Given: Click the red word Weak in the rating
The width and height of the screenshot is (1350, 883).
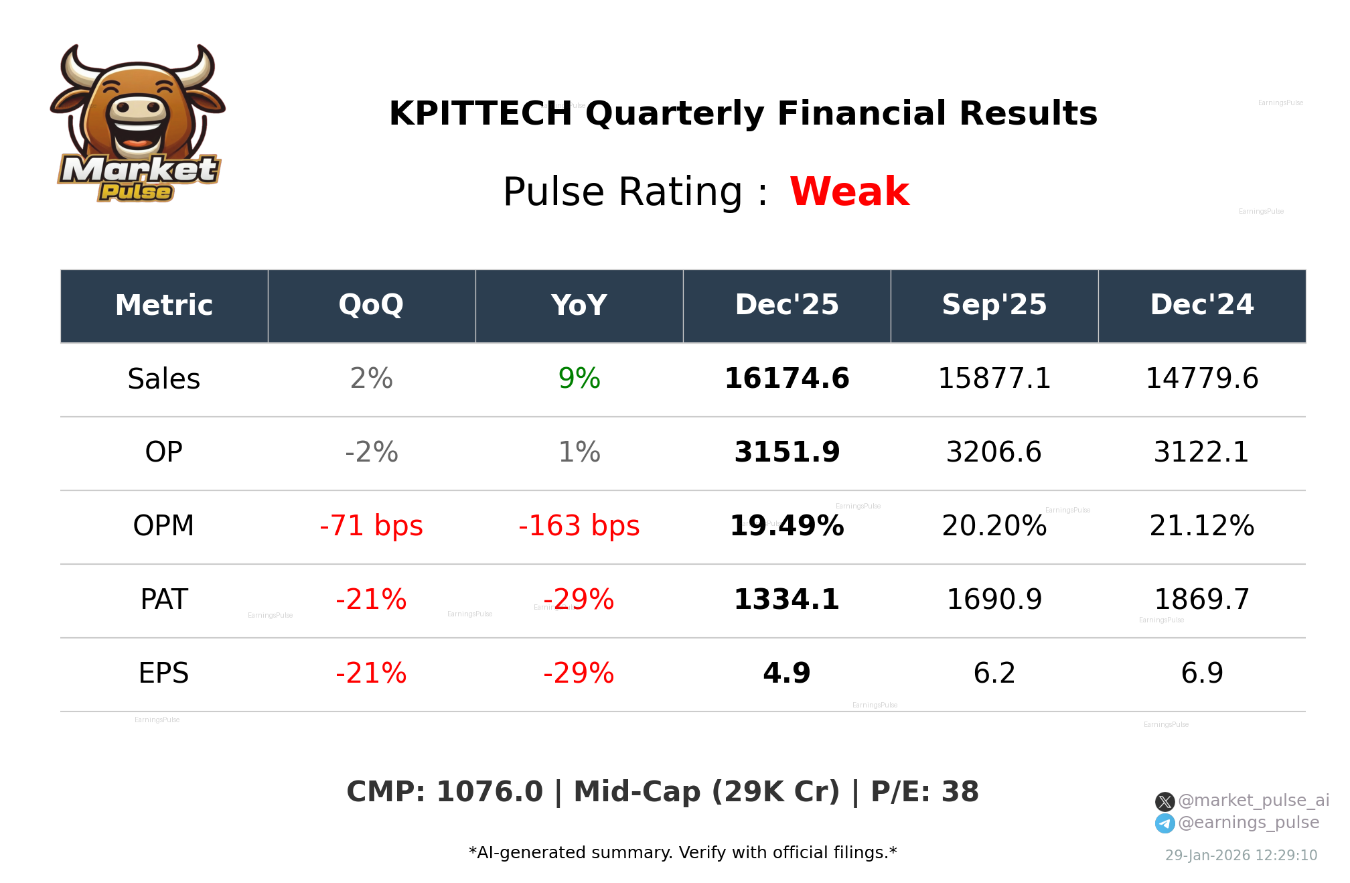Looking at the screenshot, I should pos(849,192).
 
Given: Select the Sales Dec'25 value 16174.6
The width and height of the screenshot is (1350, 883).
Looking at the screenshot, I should pos(787,379).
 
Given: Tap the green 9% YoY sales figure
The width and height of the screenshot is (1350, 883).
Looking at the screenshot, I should pos(579,379).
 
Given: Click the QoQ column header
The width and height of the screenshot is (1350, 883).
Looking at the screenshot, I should pos(371,305).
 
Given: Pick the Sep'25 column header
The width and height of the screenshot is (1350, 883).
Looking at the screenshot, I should pos(994,305).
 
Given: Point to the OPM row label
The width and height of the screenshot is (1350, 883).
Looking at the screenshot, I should pos(163,526).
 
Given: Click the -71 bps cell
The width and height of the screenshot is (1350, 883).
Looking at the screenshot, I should pos(371,526).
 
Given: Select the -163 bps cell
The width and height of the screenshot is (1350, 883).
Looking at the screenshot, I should pos(579,526).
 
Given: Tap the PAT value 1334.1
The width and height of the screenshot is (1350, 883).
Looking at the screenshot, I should pos(787,600).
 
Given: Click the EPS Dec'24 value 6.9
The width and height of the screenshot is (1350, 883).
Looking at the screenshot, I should pos(1202,673).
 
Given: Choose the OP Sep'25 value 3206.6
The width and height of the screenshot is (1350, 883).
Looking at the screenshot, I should pos(994,452).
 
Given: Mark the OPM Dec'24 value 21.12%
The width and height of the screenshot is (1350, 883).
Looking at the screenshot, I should pos(1202,526).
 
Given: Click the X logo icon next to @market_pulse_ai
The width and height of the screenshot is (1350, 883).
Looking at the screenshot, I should pos(1165,801).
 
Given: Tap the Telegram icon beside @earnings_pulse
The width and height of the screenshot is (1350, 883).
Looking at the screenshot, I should pos(1165,823).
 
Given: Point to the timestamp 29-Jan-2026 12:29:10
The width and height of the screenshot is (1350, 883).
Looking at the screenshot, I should pos(1241,856).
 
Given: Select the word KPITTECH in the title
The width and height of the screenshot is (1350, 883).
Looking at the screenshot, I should pos(480,113).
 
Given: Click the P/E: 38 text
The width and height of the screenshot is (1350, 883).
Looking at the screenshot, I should pos(924,792).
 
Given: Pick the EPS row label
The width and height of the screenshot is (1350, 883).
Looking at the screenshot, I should pos(163,673).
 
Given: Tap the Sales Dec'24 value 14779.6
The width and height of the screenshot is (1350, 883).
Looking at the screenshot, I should pos(1202,379).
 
